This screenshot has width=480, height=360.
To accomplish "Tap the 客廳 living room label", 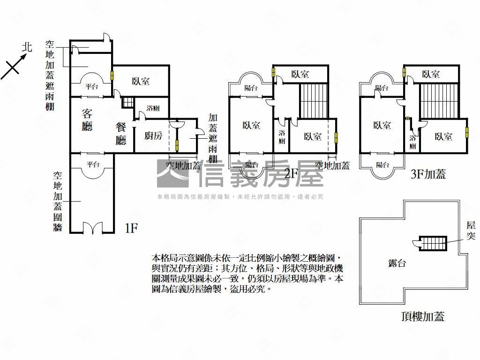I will (87, 120).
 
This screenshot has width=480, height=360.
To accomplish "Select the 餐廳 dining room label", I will (121, 133).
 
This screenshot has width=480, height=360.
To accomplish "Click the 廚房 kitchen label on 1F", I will (153, 136).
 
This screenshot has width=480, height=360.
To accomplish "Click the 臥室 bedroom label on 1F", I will (141, 81).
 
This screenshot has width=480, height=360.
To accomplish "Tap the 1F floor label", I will (131, 228).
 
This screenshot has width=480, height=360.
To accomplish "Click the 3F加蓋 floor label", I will (427, 174).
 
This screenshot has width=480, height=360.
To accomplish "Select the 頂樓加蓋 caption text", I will (422, 316).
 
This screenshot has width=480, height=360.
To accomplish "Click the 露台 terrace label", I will (397, 263).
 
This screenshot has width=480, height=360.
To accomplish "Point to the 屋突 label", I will (471, 231).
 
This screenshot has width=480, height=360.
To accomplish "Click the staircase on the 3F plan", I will (439, 100).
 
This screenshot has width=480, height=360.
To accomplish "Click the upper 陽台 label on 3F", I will (382, 88).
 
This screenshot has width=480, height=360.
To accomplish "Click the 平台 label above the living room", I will (91, 86).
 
